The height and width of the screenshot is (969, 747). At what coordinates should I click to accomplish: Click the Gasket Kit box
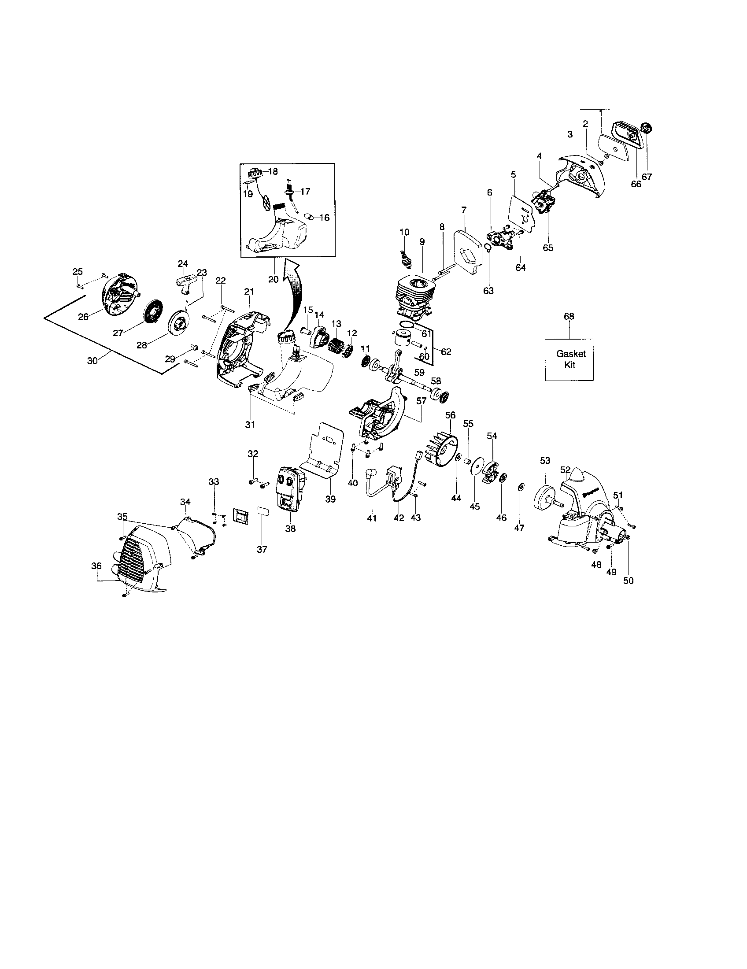(x=569, y=359)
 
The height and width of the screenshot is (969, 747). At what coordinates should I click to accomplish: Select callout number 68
(x=568, y=316)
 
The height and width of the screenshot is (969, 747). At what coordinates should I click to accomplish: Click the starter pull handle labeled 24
(x=184, y=281)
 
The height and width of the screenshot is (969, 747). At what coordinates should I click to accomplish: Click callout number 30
(x=92, y=361)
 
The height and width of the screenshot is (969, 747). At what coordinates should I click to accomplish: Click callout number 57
(x=421, y=401)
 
